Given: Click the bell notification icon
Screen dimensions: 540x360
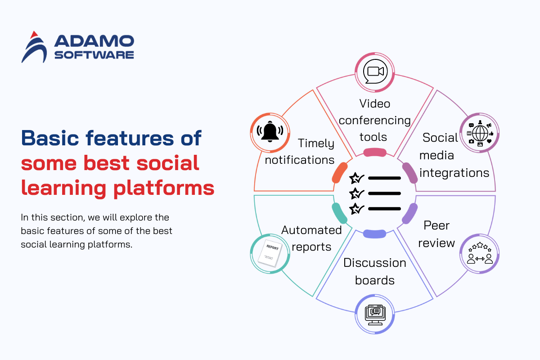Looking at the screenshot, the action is pyautogui.click(x=270, y=131).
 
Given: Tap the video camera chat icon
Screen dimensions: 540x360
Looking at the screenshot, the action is pyautogui.click(x=375, y=72).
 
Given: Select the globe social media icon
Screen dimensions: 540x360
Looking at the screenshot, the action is pyautogui.click(x=480, y=133).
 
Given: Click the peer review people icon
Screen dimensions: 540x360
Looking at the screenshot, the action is pyautogui.click(x=480, y=253).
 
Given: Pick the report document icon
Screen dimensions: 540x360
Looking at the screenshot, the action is pyautogui.click(x=270, y=253).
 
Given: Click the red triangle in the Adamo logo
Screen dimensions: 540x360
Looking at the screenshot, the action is pyautogui.click(x=34, y=35).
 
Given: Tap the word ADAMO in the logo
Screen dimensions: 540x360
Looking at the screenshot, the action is pyautogui.click(x=94, y=41).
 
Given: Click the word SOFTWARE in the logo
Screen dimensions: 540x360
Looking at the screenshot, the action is pyautogui.click(x=94, y=55).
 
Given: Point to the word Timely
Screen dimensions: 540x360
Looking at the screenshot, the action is pyautogui.click(x=316, y=144).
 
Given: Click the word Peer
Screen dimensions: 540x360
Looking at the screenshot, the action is pyautogui.click(x=436, y=225).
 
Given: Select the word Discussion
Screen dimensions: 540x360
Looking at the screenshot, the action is pyautogui.click(x=375, y=263).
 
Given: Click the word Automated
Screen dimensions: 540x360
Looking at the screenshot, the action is pyautogui.click(x=311, y=230).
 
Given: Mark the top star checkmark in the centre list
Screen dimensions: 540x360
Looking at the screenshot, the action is pyautogui.click(x=356, y=178).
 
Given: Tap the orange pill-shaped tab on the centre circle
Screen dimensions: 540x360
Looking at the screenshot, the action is pyautogui.click(x=340, y=173).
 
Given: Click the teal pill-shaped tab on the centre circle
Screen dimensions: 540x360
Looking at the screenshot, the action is pyautogui.click(x=339, y=213).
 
